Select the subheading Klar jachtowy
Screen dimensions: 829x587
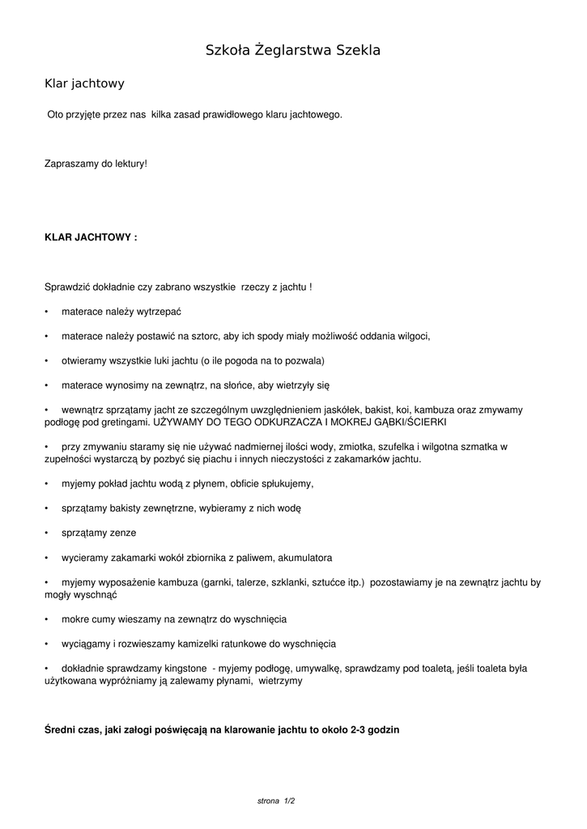pos(84,83)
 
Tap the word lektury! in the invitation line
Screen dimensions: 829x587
pos(130,164)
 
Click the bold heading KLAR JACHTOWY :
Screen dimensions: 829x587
pos(91,238)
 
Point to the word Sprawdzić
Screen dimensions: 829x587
pos(69,287)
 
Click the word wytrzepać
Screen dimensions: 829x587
pos(160,312)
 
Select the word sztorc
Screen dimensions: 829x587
pos(206,337)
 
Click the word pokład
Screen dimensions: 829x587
pos(110,484)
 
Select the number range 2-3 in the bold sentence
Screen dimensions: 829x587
pos(359,729)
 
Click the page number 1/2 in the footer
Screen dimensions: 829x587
pos(289,801)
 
